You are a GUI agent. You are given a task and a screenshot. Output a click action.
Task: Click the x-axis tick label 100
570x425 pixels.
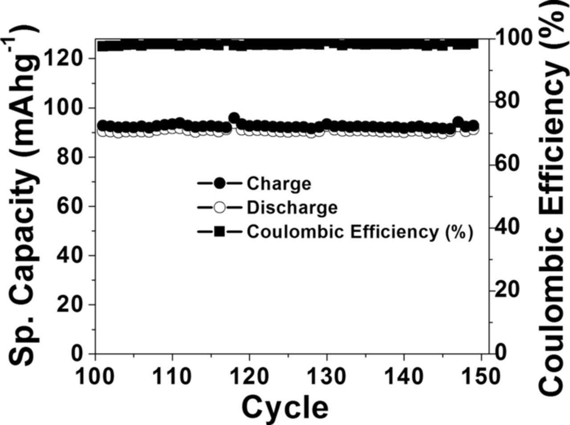tap(95, 377)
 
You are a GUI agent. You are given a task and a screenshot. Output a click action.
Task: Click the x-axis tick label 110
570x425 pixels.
tap(172, 377)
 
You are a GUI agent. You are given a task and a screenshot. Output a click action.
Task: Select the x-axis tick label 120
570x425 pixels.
tap(249, 377)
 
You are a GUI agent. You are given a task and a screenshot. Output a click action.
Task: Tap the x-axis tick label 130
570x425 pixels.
tap(326, 377)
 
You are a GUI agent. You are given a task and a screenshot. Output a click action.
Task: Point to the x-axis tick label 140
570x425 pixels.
tap(403, 377)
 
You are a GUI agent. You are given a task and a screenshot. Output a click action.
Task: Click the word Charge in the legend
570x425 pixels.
tap(279, 183)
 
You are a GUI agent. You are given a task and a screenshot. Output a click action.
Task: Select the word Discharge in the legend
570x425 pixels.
tap(292, 207)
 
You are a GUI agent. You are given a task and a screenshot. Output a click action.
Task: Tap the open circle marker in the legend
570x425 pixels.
tap(220, 207)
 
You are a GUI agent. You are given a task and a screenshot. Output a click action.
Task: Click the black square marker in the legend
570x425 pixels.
tap(220, 231)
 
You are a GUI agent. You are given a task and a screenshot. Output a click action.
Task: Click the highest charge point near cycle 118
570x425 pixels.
tap(234, 118)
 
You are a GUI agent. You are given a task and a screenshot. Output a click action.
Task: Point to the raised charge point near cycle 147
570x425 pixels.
tap(458, 121)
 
